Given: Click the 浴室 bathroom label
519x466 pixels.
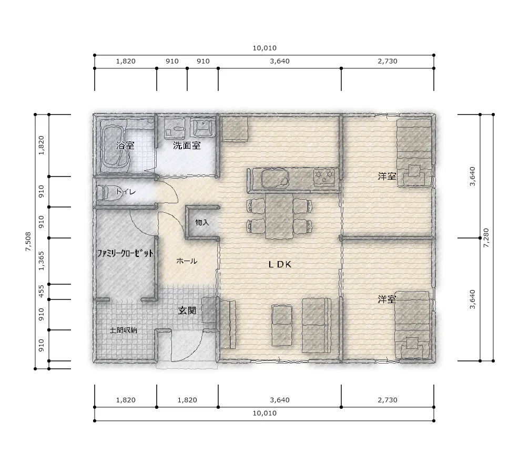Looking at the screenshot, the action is (x=125, y=145).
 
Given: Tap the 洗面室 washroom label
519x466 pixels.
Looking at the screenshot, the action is (x=187, y=145).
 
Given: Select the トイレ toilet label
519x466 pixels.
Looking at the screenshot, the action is (x=126, y=191).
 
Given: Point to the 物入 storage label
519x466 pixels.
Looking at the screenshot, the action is (x=202, y=222).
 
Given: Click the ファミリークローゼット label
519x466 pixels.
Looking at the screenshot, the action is (x=125, y=253).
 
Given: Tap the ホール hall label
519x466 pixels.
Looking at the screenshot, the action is (x=187, y=261).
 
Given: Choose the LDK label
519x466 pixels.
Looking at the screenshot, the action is (x=280, y=264).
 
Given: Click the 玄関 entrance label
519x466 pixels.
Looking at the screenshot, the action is (x=187, y=310).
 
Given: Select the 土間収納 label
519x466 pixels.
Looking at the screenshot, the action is (x=123, y=330).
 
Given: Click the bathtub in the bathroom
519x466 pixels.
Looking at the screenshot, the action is (x=114, y=146).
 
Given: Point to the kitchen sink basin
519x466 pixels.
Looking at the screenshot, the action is (x=274, y=179).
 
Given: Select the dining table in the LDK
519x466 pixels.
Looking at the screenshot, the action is (x=279, y=215).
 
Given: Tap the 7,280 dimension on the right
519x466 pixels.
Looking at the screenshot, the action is (x=486, y=238).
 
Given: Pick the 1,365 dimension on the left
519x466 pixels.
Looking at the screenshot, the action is (x=42, y=261).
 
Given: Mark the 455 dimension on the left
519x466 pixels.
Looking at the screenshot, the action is (x=42, y=292).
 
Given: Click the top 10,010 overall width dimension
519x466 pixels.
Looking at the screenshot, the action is (x=264, y=48).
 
